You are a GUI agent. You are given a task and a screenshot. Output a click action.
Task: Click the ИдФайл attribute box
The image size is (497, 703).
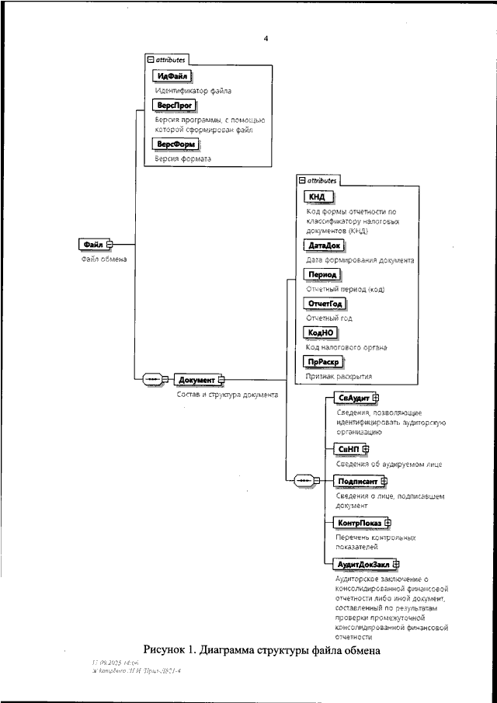tap(172, 75)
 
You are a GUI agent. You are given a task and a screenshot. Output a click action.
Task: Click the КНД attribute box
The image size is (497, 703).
tap(317, 197)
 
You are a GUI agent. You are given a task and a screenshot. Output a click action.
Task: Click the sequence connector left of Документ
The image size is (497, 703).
tap(154, 380)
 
